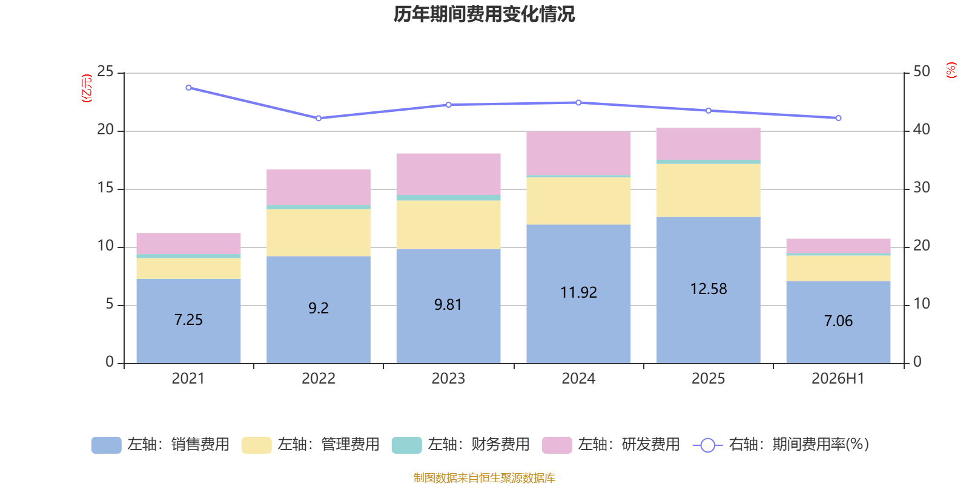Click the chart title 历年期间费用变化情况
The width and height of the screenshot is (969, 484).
(484, 15)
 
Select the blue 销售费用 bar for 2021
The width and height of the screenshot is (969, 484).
(188, 321)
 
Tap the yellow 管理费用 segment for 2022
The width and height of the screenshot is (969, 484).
(319, 233)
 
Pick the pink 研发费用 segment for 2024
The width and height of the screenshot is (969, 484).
(578, 154)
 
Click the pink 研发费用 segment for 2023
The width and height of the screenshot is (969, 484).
(449, 174)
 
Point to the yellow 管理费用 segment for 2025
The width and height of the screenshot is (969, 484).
(709, 191)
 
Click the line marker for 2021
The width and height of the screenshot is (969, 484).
(188, 88)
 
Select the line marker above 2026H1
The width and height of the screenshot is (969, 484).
(838, 118)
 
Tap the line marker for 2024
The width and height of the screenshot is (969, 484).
(578, 103)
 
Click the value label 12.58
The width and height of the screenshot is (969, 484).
(709, 289)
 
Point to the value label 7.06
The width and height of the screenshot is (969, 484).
(838, 321)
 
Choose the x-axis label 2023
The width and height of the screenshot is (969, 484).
(449, 379)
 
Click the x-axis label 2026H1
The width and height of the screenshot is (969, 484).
(838, 379)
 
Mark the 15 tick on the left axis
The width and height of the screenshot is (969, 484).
(105, 188)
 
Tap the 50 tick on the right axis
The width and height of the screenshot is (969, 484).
(922, 71)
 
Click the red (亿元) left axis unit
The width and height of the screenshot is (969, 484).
(87, 88)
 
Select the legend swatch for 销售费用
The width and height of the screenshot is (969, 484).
(107, 445)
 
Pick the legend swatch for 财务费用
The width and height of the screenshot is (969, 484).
(406, 445)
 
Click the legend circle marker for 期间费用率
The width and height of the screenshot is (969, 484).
(708, 445)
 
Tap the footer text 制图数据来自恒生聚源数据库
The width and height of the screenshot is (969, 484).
(484, 477)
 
